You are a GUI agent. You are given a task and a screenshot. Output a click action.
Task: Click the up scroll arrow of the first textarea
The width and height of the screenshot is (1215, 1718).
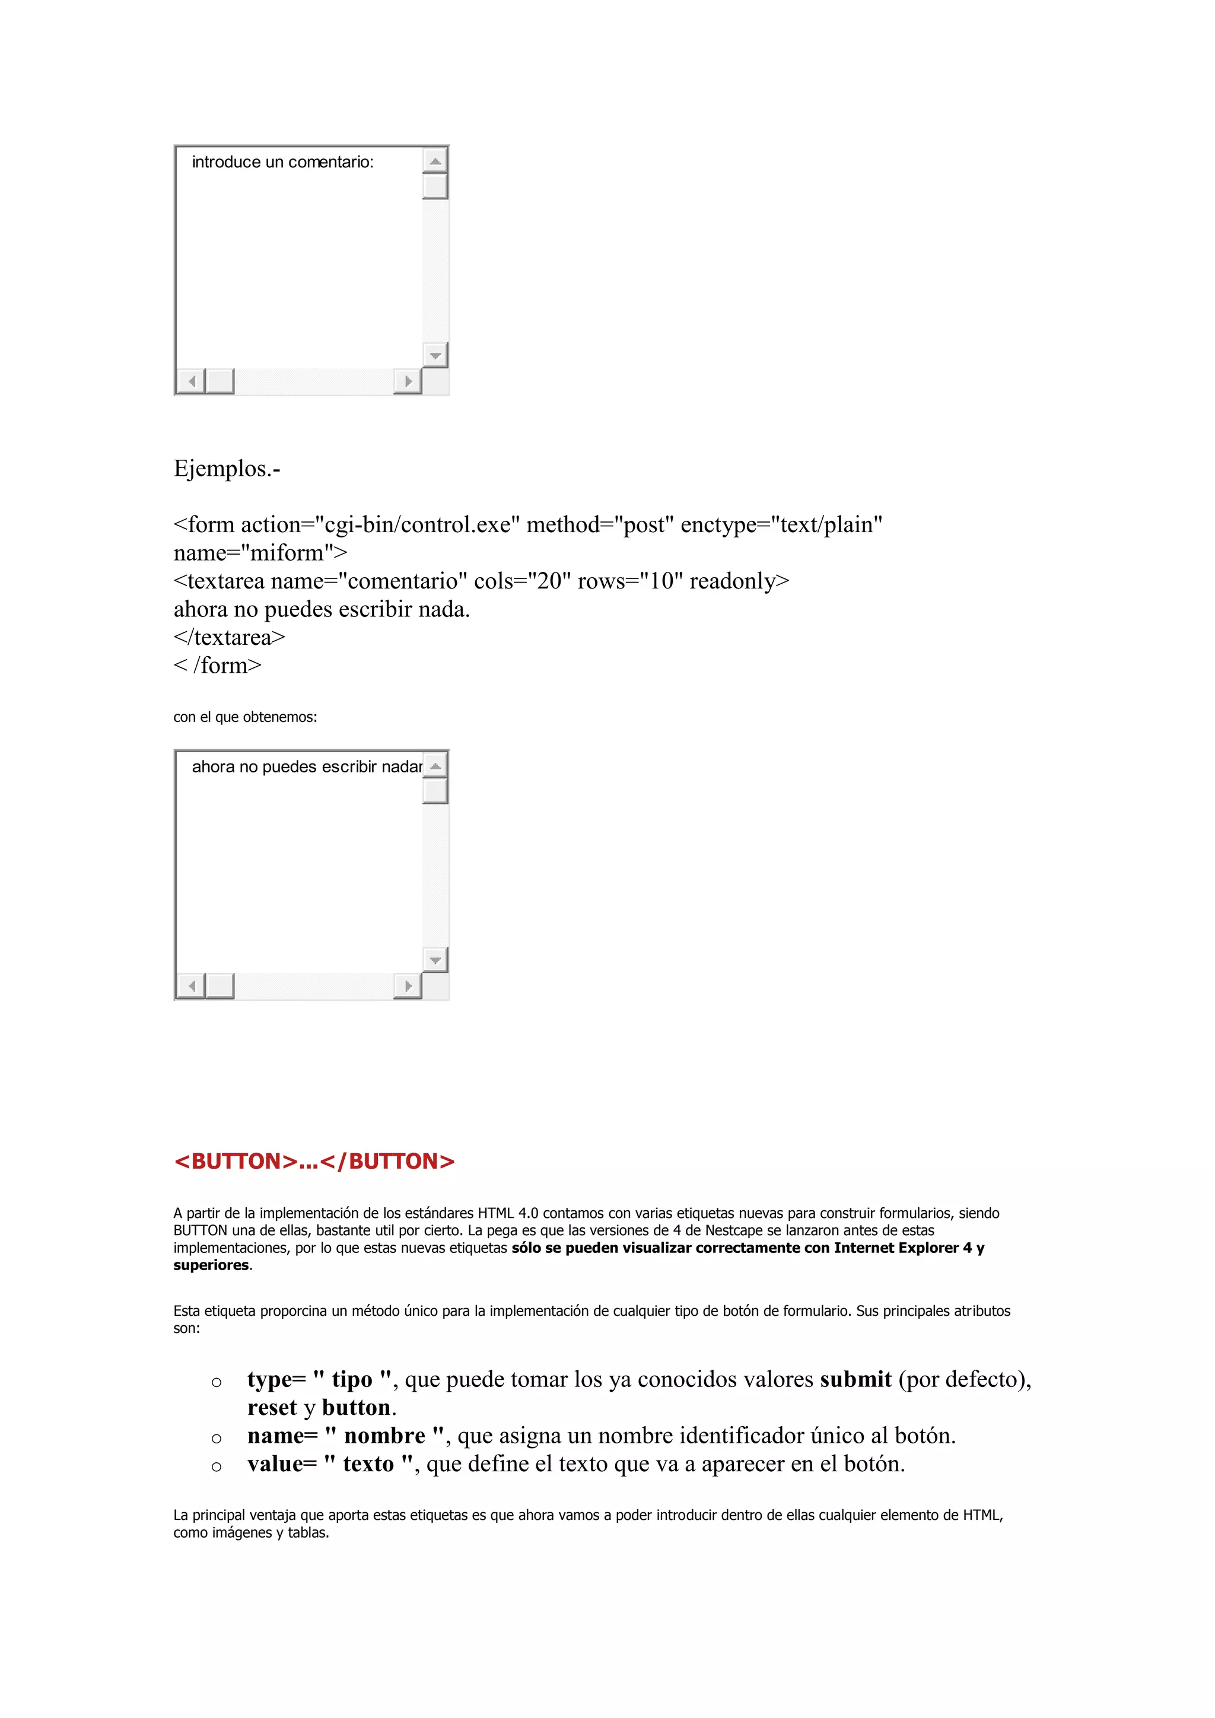[435, 161]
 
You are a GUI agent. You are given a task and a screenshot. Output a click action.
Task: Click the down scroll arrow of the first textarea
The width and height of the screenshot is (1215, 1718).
[435, 355]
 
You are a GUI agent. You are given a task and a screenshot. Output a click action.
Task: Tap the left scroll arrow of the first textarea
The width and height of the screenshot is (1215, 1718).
[192, 381]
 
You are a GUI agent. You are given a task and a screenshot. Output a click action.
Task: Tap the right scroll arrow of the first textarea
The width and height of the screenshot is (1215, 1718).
[408, 381]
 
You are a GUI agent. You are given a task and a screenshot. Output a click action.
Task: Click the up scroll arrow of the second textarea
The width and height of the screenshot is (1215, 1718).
[435, 765]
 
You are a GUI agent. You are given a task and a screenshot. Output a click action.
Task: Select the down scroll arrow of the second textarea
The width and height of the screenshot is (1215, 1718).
[435, 960]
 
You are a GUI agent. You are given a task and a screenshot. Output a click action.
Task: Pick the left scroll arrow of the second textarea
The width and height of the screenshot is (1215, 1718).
[192, 985]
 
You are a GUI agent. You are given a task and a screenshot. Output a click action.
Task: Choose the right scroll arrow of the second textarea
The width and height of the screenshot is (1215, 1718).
[408, 985]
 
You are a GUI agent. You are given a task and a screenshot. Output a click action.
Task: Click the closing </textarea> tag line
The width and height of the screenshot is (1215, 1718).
[229, 638]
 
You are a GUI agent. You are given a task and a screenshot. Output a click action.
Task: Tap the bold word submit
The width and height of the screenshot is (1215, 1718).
[855, 1379]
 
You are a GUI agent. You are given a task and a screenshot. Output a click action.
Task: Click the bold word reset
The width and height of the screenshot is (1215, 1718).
[272, 1408]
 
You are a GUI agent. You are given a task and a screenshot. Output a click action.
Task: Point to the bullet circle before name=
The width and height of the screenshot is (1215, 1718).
[216, 1438]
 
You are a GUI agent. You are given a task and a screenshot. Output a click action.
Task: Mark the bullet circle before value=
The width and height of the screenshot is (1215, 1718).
[216, 1466]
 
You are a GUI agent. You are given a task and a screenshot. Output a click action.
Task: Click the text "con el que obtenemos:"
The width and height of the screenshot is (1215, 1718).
[244, 717]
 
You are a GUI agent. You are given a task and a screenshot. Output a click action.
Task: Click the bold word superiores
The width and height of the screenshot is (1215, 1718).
[211, 1265]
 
